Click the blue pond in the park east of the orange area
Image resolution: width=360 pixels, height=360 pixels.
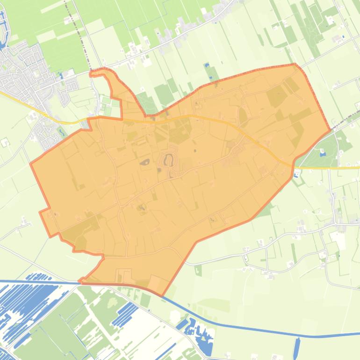point(322,151)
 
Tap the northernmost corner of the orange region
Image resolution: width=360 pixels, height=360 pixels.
point(295,64)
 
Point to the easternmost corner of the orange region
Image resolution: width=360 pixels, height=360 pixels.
point(331,130)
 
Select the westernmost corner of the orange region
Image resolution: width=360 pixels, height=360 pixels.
point(31,163)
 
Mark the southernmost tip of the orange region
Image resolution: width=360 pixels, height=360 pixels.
point(162,295)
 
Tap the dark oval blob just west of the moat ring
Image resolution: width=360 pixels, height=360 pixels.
point(144,163)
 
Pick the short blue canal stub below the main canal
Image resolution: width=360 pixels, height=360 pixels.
point(297,346)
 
